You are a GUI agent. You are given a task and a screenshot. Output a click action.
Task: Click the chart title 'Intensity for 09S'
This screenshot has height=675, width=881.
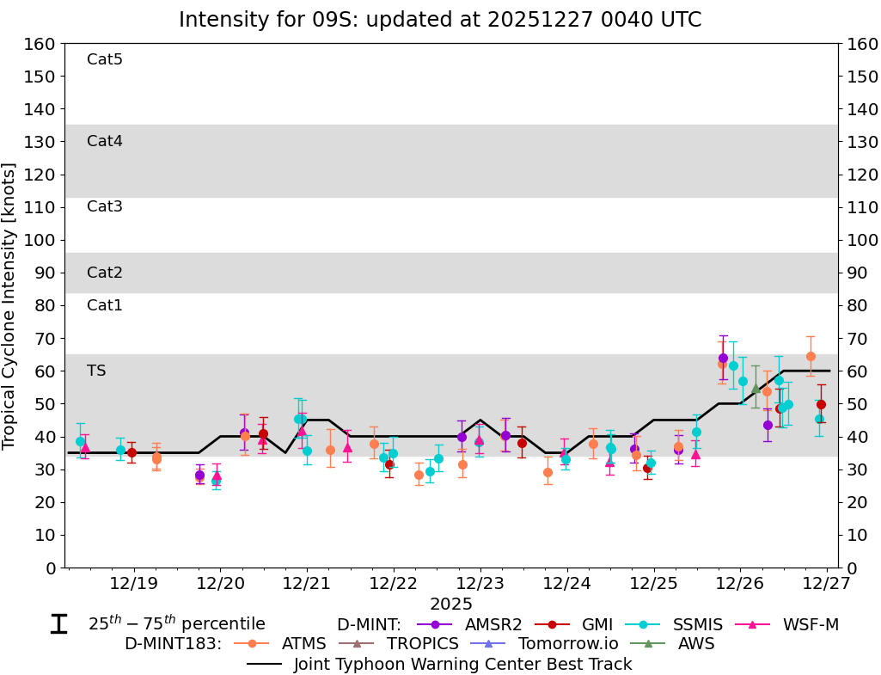pyautogui.click(x=439, y=19)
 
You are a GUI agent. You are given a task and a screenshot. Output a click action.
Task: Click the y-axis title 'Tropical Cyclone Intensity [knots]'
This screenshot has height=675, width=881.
pyautogui.click(x=10, y=305)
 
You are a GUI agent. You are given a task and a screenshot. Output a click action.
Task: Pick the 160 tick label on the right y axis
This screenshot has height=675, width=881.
pyautogui.click(x=862, y=44)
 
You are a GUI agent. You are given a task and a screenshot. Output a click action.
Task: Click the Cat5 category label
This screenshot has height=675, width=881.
pyautogui.click(x=105, y=59)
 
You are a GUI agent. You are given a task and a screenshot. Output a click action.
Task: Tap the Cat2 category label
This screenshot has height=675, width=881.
pyautogui.click(x=105, y=273)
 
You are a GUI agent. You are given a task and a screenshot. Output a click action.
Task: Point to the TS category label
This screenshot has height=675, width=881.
pyautogui.click(x=96, y=371)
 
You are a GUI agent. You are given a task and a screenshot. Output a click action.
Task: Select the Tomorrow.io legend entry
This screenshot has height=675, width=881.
pyautogui.click(x=551, y=643)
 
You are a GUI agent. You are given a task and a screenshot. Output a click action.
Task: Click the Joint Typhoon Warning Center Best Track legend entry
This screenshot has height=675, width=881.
pyautogui.click(x=462, y=664)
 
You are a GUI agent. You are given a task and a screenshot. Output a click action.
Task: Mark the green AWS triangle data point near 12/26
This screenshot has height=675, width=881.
pyautogui.click(x=756, y=389)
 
